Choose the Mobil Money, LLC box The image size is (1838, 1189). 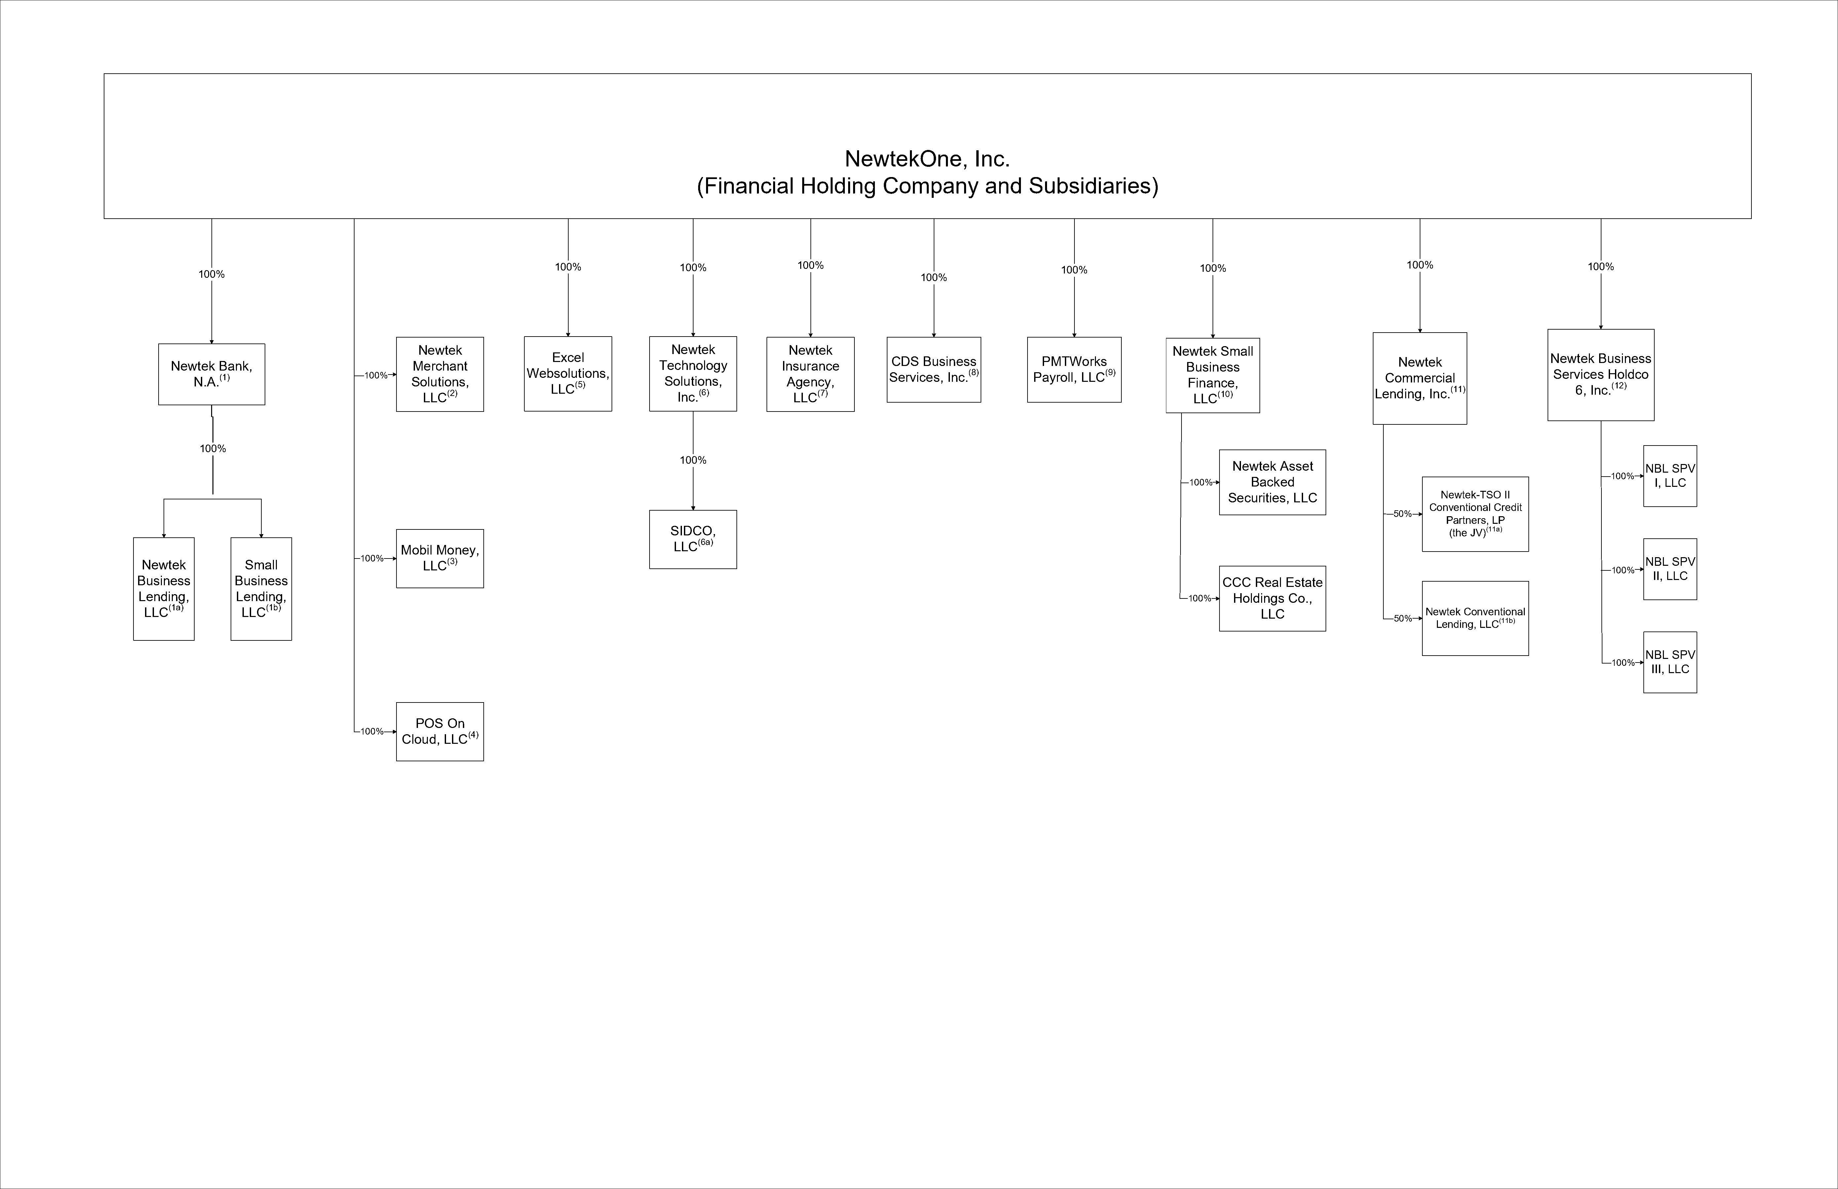[x=439, y=558]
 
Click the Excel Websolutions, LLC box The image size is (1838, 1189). [x=568, y=374]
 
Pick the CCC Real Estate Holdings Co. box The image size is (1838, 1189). [x=1272, y=598]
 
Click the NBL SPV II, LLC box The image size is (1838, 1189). [x=1669, y=569]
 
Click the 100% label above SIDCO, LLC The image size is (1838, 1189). [x=693, y=460]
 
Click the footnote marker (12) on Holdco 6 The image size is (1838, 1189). [x=1619, y=385]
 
